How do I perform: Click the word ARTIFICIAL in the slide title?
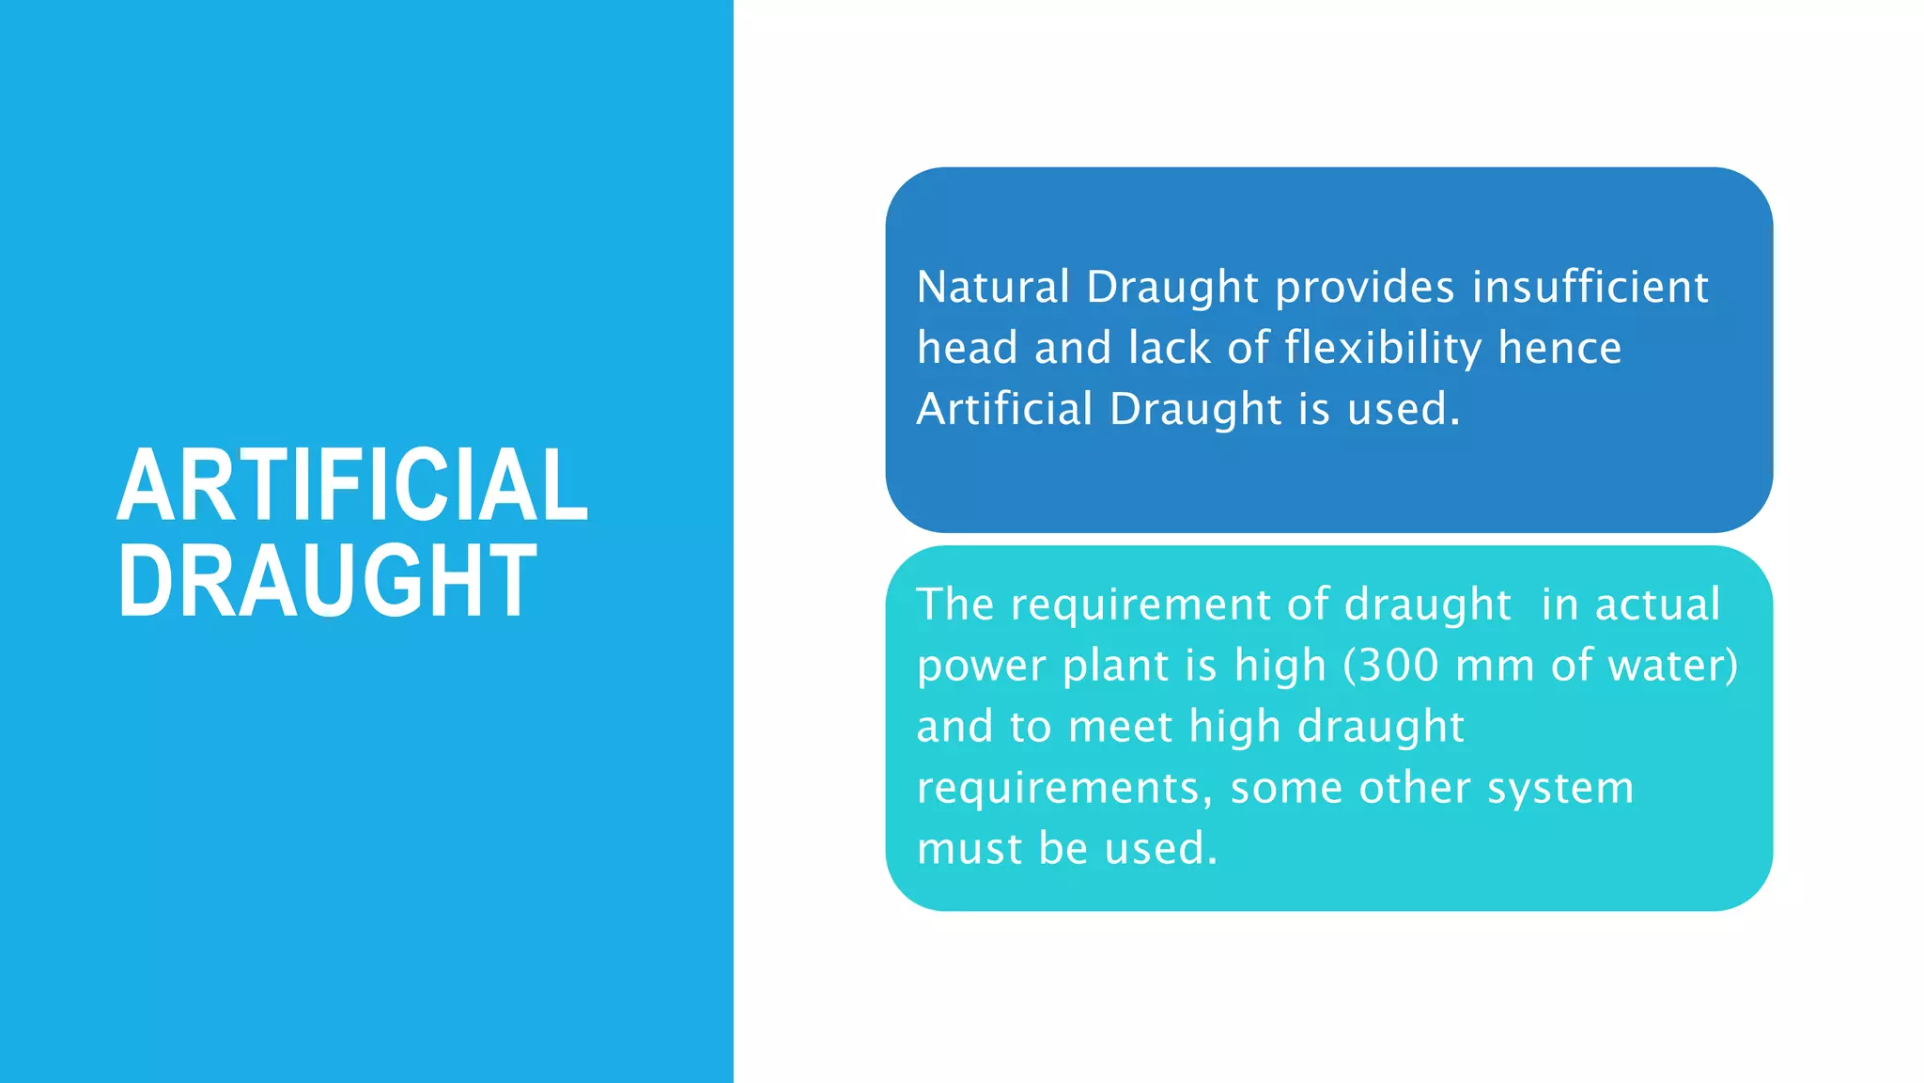coord(352,486)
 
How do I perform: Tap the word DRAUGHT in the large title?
coord(327,582)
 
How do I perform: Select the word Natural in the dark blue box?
coord(993,287)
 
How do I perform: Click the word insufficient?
coord(1590,287)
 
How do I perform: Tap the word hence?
coord(1559,348)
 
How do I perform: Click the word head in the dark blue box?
coord(968,348)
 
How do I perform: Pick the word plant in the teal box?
coord(1115,667)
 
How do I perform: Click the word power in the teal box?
coord(982,667)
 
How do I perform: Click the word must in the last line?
coord(970,849)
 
